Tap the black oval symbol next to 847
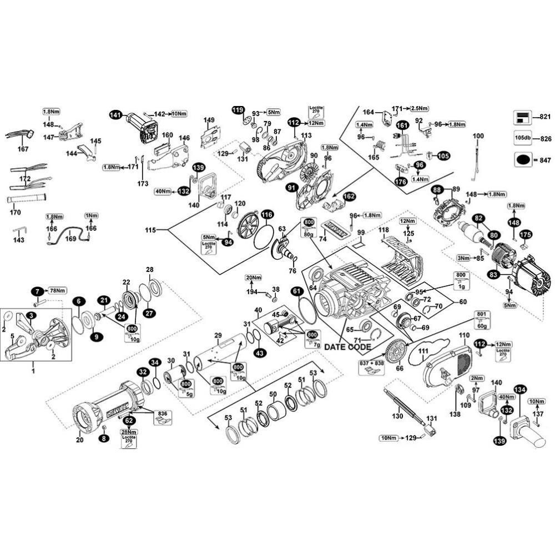point(523,159)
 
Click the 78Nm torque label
point(57,291)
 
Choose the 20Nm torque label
point(253,277)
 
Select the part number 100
point(478,136)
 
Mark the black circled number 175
point(525,234)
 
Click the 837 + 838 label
point(371,363)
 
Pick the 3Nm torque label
point(463,258)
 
